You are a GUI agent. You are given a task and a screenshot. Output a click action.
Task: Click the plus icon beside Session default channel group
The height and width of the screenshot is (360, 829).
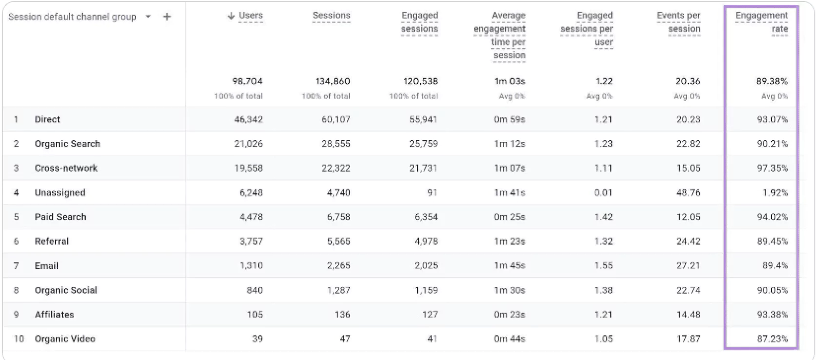coord(167,17)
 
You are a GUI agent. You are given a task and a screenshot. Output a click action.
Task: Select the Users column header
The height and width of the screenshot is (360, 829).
coord(251,16)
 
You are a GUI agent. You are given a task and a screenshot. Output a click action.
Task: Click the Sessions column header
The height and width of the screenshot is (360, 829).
coord(331,16)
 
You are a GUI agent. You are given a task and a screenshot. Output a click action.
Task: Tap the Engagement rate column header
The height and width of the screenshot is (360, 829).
coord(762,22)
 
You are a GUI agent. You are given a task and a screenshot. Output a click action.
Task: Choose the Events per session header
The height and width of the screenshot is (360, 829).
coord(678,22)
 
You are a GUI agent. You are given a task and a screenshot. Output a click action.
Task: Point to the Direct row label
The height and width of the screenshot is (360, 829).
coord(47,120)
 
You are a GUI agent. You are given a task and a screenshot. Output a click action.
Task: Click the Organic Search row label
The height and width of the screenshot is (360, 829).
coord(67,144)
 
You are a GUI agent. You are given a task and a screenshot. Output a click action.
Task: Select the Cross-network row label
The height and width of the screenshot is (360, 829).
coord(66,168)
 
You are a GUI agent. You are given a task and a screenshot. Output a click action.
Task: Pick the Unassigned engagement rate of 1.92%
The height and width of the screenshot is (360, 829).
coord(775,193)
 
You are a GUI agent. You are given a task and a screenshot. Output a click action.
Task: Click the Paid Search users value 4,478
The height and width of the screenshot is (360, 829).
coord(251,217)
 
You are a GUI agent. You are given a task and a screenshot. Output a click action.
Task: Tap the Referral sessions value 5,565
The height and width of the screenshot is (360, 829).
coord(338,241)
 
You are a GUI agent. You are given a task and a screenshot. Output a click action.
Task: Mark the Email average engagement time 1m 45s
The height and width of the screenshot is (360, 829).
coord(509,266)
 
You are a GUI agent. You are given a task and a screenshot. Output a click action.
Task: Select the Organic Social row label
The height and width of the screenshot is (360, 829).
coord(66,290)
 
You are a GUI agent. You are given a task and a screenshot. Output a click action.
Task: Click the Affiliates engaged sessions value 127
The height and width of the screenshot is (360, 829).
coord(430,315)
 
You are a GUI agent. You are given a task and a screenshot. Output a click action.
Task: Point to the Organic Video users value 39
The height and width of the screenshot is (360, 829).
coord(257,339)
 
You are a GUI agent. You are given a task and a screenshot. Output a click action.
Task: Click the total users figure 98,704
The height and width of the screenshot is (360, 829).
coord(247,81)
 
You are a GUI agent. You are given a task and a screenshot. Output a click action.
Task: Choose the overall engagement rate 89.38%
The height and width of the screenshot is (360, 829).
coord(772,81)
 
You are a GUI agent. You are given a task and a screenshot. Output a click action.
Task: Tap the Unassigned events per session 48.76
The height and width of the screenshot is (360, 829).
coord(688,193)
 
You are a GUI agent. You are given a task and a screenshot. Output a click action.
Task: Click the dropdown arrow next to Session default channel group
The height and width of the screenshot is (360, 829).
coord(148,17)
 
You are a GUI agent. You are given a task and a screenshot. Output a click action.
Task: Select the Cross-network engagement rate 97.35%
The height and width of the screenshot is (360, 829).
coord(772,168)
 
